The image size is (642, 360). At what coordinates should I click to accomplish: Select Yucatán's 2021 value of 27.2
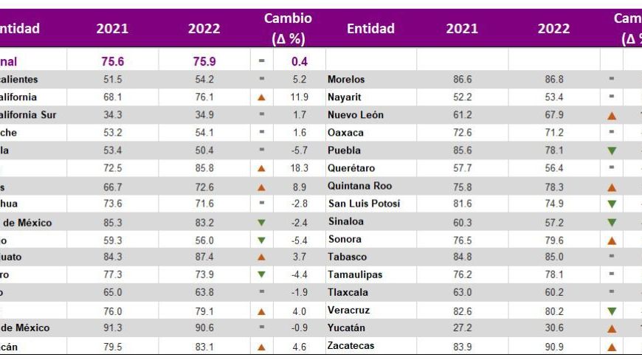(x=461, y=328)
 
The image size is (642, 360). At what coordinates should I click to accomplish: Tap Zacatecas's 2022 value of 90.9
(x=553, y=346)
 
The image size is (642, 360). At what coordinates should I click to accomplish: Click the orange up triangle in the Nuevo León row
(x=611, y=115)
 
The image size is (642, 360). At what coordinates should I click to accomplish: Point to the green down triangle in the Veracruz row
(x=611, y=311)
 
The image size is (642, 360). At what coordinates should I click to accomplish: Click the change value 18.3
(x=299, y=168)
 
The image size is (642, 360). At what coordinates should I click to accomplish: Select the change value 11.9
(x=299, y=97)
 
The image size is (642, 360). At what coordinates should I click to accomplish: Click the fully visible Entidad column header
(x=370, y=29)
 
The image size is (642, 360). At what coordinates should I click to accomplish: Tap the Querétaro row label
(x=351, y=168)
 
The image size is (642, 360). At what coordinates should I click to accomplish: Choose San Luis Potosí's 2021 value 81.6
(x=461, y=204)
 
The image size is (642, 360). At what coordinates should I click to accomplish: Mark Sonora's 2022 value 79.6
(x=553, y=239)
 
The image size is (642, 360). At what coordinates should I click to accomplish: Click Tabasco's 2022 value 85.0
(x=553, y=257)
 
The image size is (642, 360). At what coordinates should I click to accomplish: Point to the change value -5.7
(x=299, y=150)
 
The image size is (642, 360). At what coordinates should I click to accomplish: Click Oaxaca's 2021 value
(x=461, y=133)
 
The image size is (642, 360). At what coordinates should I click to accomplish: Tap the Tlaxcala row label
(x=347, y=292)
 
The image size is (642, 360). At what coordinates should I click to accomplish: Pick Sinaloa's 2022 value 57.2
(x=553, y=221)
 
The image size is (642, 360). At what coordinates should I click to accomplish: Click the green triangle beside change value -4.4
(x=261, y=274)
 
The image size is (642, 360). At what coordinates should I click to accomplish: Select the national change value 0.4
(x=299, y=61)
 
